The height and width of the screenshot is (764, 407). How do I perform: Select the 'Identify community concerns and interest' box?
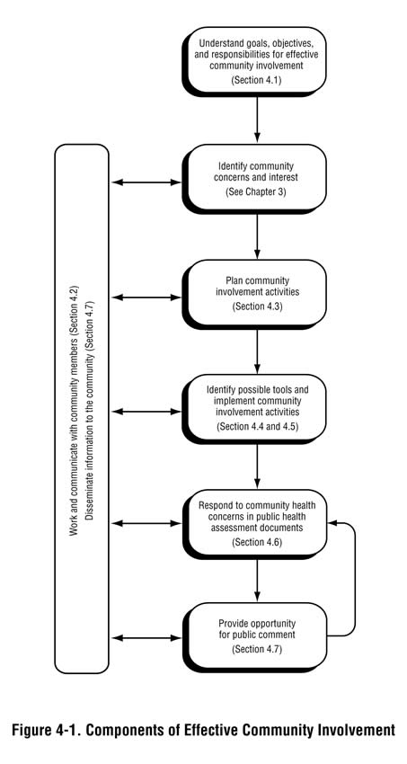pyautogui.click(x=258, y=179)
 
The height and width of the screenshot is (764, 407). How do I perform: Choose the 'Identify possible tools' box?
pyautogui.click(x=258, y=409)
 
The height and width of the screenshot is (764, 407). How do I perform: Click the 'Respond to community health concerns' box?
pyautogui.click(x=258, y=522)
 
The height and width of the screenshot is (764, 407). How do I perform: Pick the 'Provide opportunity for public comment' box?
pyautogui.click(x=258, y=635)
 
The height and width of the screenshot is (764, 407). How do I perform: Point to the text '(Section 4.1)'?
pyautogui.click(x=258, y=80)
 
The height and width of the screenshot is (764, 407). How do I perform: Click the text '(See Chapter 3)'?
pyautogui.click(x=258, y=192)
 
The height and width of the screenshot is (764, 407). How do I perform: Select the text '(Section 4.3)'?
pyautogui.click(x=258, y=307)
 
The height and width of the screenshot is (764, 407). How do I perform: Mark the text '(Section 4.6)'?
pyautogui.click(x=258, y=543)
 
